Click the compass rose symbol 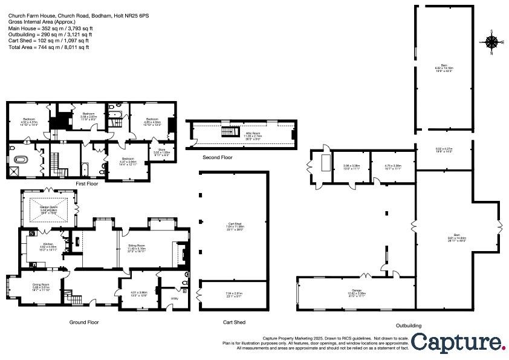point(492,42)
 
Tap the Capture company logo point(459,342)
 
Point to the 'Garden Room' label point(48,207)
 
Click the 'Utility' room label point(175,298)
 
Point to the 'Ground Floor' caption point(84,322)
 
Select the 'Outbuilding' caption point(409,326)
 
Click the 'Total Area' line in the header point(48,47)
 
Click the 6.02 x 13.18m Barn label point(444,68)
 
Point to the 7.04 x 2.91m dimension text point(233,294)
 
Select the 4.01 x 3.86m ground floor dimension point(139,294)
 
